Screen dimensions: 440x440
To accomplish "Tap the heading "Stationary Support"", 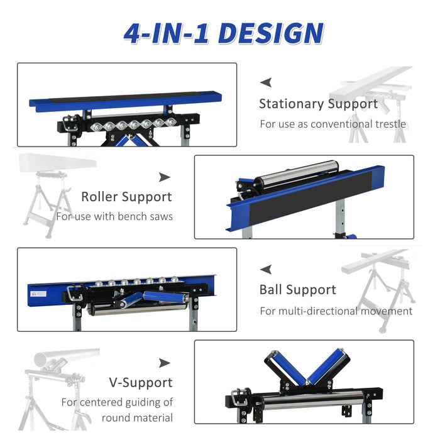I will click(x=319, y=104).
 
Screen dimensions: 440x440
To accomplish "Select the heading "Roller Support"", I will click(x=126, y=197).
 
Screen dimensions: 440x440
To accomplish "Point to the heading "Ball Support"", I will click(x=298, y=290).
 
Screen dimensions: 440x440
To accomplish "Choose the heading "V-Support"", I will click(x=140, y=382).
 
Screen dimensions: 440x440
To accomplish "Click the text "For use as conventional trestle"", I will click(x=333, y=124).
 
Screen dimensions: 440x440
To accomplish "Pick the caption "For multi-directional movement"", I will click(x=336, y=311).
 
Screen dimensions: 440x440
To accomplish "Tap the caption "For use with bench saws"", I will click(x=114, y=217).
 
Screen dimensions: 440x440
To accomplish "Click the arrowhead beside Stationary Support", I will click(x=266, y=82).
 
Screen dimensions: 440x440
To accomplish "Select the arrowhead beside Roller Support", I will click(x=165, y=177).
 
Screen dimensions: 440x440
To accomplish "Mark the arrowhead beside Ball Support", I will click(x=266, y=269).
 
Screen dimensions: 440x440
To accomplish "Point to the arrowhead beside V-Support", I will click(x=165, y=363).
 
